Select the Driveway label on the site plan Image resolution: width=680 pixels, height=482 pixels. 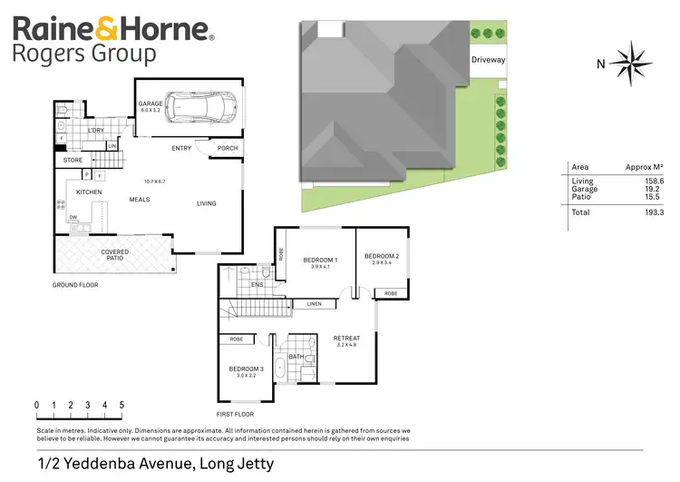coord(488,60)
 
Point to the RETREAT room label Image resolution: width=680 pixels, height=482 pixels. coord(347,340)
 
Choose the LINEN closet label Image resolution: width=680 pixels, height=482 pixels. coord(315,304)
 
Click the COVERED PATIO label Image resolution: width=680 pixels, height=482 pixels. coord(114,255)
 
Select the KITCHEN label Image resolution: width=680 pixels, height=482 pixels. coord(89,192)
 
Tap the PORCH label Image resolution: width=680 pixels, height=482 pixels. coord(228,149)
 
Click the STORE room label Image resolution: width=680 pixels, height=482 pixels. coord(73,161)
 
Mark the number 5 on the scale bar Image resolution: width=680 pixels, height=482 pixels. coord(121,405)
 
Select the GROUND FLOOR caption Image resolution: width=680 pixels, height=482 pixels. coord(74,285)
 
